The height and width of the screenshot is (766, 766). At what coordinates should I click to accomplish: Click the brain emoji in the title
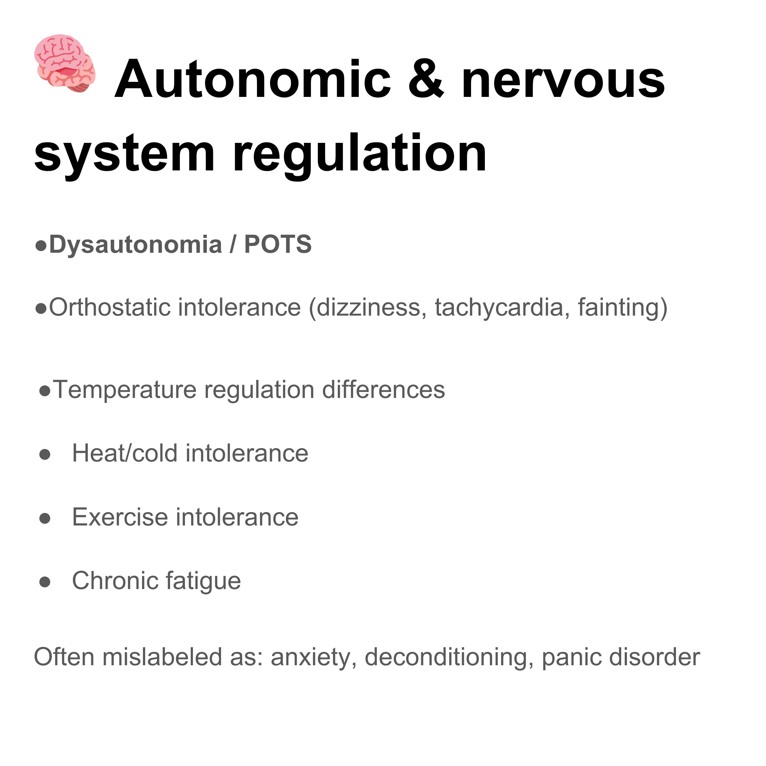(x=65, y=64)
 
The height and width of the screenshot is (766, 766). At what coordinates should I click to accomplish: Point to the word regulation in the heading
(x=359, y=154)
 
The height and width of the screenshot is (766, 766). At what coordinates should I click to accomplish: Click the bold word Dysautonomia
(x=135, y=245)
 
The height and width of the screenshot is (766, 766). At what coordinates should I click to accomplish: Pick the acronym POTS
(x=278, y=245)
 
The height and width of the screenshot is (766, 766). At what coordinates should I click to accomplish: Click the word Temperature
(x=124, y=390)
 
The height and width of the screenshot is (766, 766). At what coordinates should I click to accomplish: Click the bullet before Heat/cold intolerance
(x=45, y=454)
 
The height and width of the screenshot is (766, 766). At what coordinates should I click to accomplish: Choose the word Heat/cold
(x=124, y=453)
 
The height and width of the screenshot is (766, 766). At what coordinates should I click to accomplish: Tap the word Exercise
(x=120, y=517)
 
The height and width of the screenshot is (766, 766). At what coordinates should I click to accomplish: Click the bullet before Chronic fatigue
(x=45, y=582)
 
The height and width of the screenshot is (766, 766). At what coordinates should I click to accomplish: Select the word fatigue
(x=203, y=582)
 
